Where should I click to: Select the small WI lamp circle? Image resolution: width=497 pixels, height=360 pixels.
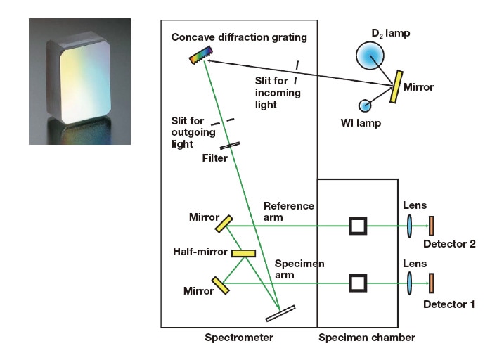pyautogui.click(x=366, y=105)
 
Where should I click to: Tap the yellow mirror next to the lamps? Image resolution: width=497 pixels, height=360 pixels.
pyautogui.click(x=398, y=84)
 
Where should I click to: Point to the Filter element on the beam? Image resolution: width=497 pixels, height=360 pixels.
pyautogui.click(x=229, y=145)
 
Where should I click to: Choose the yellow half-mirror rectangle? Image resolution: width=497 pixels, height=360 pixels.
pyautogui.click(x=243, y=253)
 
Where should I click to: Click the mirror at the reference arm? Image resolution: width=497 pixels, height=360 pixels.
pyautogui.click(x=224, y=223)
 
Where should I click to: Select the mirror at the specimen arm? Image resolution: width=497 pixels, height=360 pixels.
pyautogui.click(x=221, y=284)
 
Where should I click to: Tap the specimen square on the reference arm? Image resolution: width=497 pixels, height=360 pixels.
pyautogui.click(x=359, y=226)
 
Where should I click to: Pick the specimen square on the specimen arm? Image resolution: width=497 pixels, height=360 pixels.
pyautogui.click(x=359, y=283)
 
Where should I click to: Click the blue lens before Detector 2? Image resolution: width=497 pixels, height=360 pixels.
pyautogui.click(x=410, y=226)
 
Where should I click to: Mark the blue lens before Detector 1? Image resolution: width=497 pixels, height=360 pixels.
pyautogui.click(x=410, y=283)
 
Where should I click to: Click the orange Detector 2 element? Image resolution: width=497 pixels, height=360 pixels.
pyautogui.click(x=432, y=226)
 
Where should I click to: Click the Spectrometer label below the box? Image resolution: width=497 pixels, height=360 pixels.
pyautogui.click(x=238, y=338)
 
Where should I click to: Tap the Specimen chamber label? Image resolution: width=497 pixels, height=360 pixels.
pyautogui.click(x=366, y=338)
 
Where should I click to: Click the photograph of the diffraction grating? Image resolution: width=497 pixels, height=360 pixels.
pyautogui.click(x=79, y=82)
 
